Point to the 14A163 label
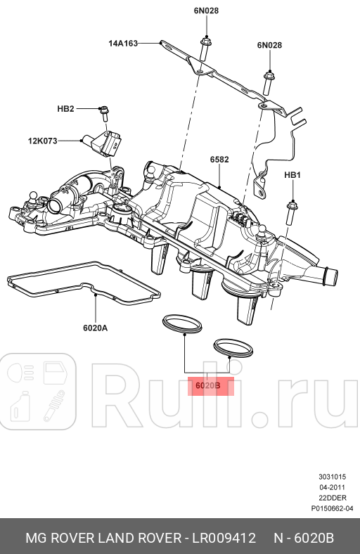(x=123, y=43)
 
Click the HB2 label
(x=65, y=109)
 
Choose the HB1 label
(x=292, y=174)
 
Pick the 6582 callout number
(x=219, y=160)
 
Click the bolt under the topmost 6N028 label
(x=205, y=49)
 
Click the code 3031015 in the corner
(x=332, y=477)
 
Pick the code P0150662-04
(x=332, y=508)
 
